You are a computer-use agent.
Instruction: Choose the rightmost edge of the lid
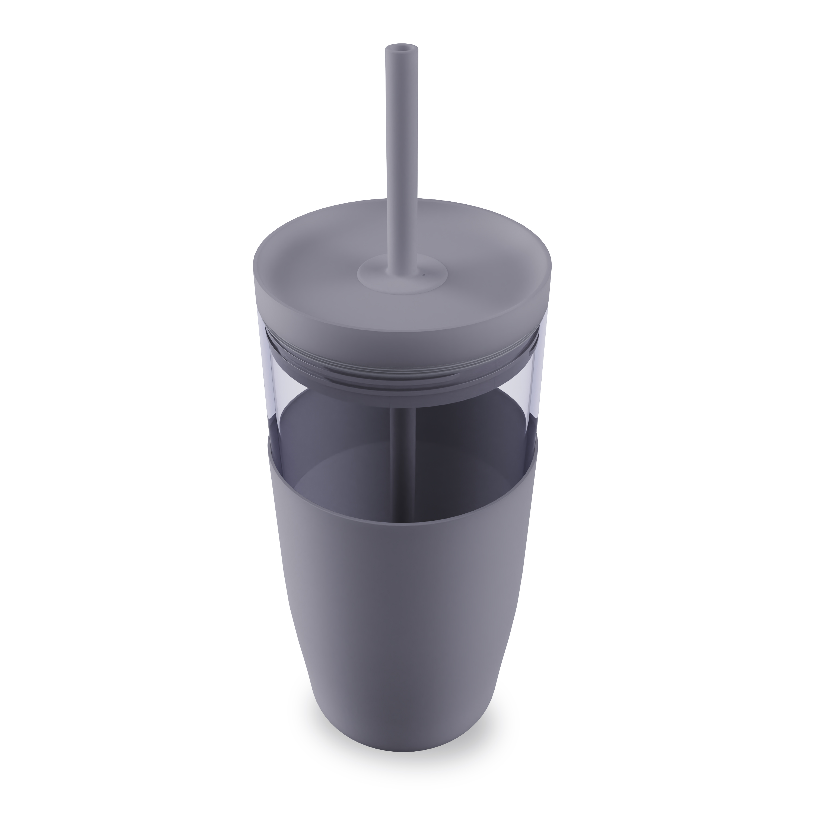click(551, 270)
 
